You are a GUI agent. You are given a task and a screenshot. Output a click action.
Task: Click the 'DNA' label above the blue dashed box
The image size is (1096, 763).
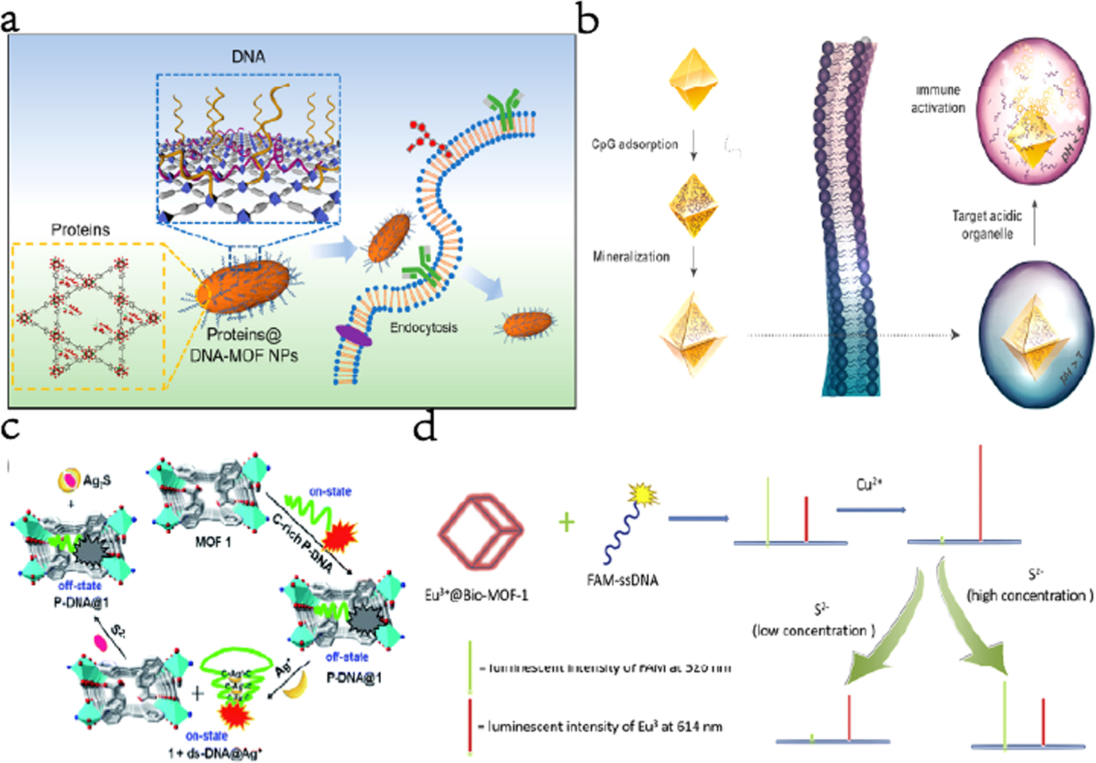(x=248, y=57)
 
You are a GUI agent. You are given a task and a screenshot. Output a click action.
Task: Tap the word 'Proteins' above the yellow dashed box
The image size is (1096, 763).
(x=80, y=230)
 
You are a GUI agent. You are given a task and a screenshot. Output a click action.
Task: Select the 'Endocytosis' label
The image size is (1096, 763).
(x=423, y=328)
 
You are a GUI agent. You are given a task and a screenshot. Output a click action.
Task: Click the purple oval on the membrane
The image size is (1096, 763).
(x=353, y=335)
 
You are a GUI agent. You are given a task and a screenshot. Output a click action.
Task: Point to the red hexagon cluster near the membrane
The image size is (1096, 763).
(x=426, y=139)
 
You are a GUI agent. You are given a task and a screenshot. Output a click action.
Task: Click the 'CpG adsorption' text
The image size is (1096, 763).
(x=635, y=145)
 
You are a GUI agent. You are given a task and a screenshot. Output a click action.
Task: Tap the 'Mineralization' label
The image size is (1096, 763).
(x=631, y=257)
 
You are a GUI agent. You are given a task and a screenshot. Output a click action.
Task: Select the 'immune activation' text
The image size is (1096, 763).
(x=938, y=99)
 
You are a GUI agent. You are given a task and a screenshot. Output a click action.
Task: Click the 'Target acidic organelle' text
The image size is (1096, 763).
(x=986, y=225)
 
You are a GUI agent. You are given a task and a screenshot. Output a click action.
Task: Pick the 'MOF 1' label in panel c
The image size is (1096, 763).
(x=213, y=543)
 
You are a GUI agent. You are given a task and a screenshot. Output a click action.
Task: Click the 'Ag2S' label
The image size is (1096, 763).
(x=97, y=481)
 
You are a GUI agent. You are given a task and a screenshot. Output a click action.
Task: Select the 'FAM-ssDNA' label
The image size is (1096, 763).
(x=622, y=581)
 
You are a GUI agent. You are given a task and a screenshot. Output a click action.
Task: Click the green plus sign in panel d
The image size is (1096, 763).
(x=566, y=522)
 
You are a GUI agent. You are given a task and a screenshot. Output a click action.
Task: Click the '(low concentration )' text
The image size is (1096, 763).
(x=813, y=631)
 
